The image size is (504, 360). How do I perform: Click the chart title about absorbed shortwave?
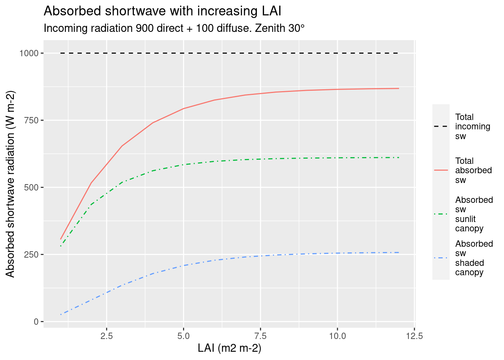pyautogui.click(x=162, y=11)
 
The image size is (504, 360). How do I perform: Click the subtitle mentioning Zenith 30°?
pyautogui.click(x=174, y=28)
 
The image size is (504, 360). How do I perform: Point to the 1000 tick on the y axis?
pyautogui.click(x=29, y=53)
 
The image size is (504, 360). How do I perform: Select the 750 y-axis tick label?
pyautogui.click(x=31, y=120)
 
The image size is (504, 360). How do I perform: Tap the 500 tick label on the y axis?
pyautogui.click(x=31, y=187)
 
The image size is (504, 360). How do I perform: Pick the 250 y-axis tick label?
pyautogui.click(x=31, y=255)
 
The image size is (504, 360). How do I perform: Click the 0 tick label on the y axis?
pyautogui.click(x=36, y=322)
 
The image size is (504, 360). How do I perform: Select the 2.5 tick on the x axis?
pyautogui.click(x=106, y=336)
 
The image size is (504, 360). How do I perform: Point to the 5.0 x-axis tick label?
pyautogui.click(x=183, y=336)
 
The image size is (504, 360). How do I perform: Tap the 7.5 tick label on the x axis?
pyautogui.click(x=260, y=336)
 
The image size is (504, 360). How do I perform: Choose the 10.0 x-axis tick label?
pyautogui.click(x=337, y=336)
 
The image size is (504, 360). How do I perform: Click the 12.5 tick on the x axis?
pyautogui.click(x=414, y=336)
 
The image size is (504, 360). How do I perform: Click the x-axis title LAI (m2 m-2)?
pyautogui.click(x=229, y=348)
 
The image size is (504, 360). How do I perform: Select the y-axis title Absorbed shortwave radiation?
pyautogui.click(x=11, y=184)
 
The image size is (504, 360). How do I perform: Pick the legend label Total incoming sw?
pyautogui.click(x=472, y=126)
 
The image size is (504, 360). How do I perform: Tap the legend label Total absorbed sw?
pyautogui.click(x=473, y=170)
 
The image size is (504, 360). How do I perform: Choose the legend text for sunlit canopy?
pyautogui.click(x=474, y=214)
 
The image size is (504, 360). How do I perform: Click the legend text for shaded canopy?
pyautogui.click(x=474, y=258)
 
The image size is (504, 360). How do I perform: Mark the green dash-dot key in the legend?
pyautogui.click(x=441, y=214)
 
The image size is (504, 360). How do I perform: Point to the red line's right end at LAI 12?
pyautogui.click(x=399, y=88)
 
